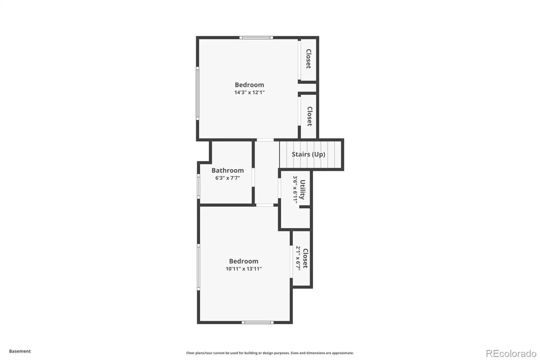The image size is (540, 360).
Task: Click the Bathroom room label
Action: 227,170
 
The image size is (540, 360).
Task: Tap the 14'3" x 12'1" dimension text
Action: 249,93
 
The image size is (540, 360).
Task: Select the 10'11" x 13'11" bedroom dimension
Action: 244,269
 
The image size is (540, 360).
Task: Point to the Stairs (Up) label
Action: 308,154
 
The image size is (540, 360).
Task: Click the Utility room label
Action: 302,190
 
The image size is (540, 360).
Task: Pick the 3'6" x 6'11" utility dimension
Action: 295,189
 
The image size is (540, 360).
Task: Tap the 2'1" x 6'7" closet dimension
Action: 298,258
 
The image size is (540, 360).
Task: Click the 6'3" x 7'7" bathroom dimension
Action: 227,178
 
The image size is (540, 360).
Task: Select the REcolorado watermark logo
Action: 511,354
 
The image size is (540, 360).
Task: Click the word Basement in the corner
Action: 20,351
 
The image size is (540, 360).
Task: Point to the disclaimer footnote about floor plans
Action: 270,353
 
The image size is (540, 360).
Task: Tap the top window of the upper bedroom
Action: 256,37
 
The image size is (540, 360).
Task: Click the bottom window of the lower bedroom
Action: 258,323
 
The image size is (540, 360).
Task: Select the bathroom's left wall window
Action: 199,186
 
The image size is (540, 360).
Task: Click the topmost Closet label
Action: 308,59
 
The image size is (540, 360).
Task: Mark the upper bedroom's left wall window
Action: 197,94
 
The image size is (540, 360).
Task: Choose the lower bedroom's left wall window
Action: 199,267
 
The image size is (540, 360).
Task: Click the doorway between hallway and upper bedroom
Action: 265,140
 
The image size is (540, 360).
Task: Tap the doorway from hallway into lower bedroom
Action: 265,205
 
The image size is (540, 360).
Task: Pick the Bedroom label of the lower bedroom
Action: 244,261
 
